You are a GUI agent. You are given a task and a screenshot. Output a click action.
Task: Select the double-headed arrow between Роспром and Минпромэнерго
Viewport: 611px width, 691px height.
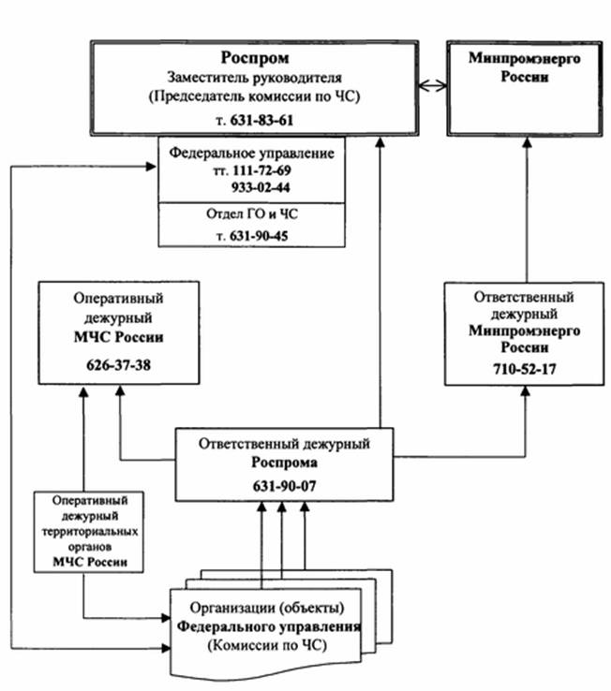pos(430,86)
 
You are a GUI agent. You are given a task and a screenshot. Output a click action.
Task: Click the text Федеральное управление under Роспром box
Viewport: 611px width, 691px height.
pos(253,151)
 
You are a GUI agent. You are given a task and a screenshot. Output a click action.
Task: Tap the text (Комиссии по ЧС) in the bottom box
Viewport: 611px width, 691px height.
pos(263,645)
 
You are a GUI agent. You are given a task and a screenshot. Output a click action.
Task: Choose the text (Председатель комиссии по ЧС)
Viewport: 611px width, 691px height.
pos(255,96)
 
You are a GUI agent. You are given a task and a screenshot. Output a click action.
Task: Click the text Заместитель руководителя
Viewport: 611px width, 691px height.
pos(254,78)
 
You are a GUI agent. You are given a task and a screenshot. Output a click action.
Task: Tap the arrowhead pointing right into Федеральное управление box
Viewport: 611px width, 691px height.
pos(152,168)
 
